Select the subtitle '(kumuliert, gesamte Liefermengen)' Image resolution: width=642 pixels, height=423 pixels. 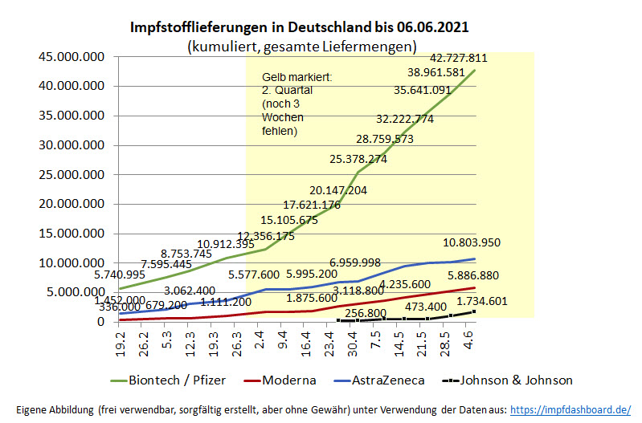point(301,46)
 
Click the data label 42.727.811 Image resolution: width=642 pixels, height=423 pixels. point(459,58)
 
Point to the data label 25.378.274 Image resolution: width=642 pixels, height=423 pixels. point(359,159)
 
